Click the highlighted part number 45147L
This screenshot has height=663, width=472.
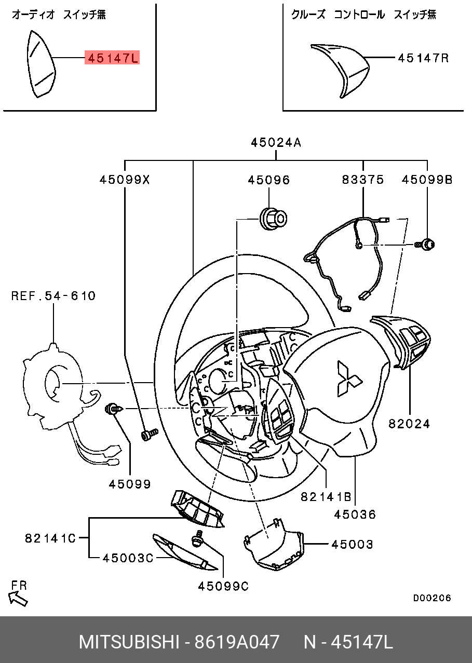pyautogui.click(x=112, y=58)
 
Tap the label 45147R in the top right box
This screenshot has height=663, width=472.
pyautogui.click(x=423, y=58)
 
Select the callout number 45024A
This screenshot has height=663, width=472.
pyautogui.click(x=276, y=143)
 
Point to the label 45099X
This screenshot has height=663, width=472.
pyautogui.click(x=125, y=180)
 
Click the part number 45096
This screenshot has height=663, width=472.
pyautogui.click(x=269, y=180)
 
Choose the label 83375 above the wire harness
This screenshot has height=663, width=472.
pyautogui.click(x=363, y=179)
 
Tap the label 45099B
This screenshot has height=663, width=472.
pyautogui.click(x=427, y=179)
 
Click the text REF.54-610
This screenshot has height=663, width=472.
pyautogui.click(x=53, y=296)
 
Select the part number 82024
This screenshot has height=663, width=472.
pyautogui.click(x=409, y=424)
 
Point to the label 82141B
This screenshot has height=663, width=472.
pyautogui.click(x=326, y=497)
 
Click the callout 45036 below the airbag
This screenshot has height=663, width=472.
pyautogui.click(x=355, y=515)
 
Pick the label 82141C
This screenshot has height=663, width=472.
pyautogui.click(x=50, y=538)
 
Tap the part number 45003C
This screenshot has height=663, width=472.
pyautogui.click(x=128, y=558)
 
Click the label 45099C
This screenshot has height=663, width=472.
pyautogui.click(x=223, y=586)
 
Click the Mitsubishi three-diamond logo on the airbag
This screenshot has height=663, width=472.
pyautogui.click(x=348, y=378)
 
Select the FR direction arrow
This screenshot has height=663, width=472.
pyautogui.click(x=18, y=599)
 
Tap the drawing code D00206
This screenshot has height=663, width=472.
pyautogui.click(x=432, y=598)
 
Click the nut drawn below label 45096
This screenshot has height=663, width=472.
pyautogui.click(x=273, y=219)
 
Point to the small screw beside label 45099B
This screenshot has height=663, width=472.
pyautogui.click(x=425, y=245)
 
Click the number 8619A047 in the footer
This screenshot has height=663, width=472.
pyautogui.click(x=237, y=642)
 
